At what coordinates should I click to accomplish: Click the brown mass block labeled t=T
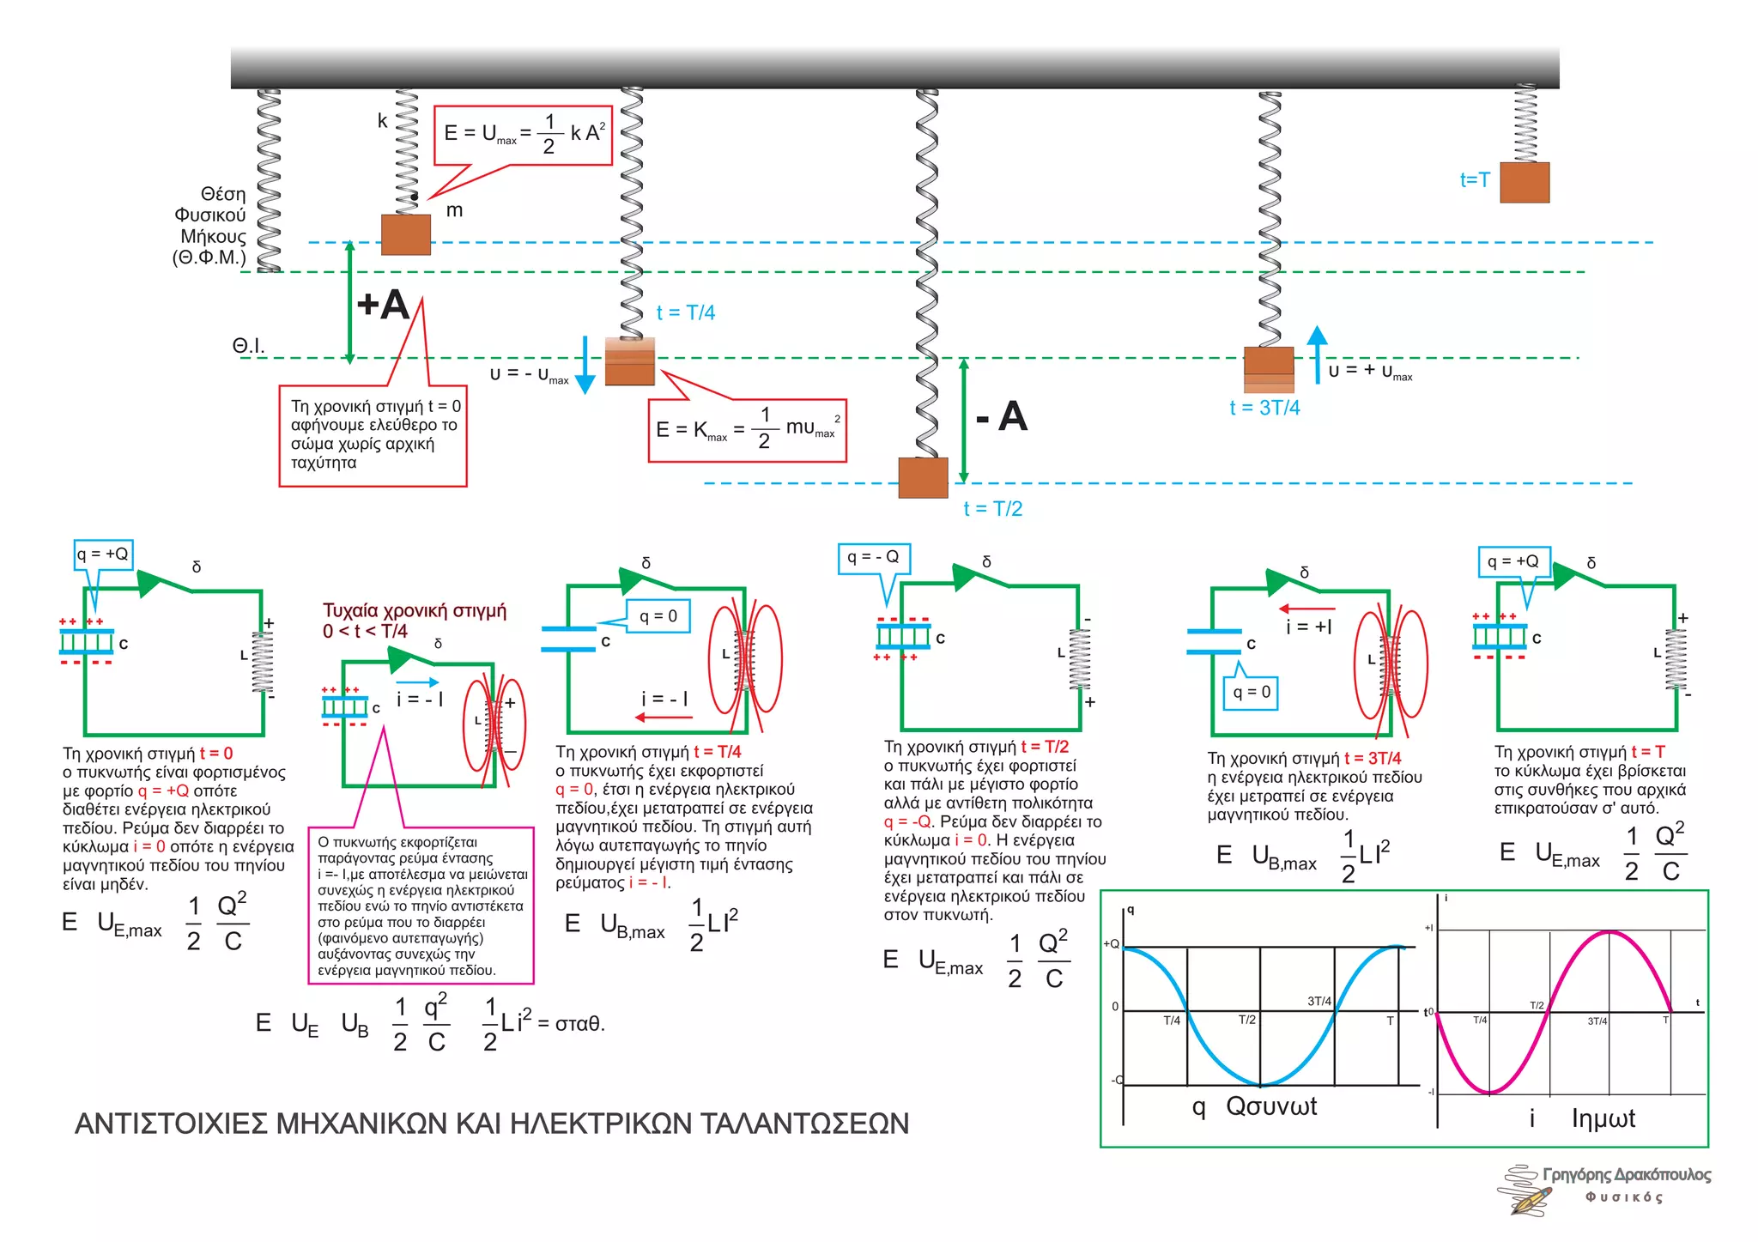click(x=1525, y=182)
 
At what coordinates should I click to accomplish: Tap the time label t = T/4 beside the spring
click(x=685, y=312)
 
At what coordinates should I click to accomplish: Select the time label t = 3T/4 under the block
click(x=1264, y=408)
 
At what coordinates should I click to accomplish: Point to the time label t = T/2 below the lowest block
click(x=992, y=509)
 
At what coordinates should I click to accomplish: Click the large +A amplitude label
click(x=383, y=305)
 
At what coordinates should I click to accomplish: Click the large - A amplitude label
click(x=1002, y=417)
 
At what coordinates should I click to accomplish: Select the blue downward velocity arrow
click(x=585, y=365)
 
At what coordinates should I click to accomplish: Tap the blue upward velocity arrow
click(x=1317, y=354)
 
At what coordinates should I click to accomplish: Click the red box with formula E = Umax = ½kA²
click(x=523, y=135)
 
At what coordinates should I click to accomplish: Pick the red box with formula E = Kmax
click(x=747, y=429)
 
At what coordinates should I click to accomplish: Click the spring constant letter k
click(x=382, y=121)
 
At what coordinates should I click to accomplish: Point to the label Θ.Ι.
click(x=248, y=346)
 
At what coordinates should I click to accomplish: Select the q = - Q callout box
click(x=873, y=558)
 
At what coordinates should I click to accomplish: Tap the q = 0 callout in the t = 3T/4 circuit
click(x=1251, y=693)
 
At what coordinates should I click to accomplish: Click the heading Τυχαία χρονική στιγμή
click(x=415, y=611)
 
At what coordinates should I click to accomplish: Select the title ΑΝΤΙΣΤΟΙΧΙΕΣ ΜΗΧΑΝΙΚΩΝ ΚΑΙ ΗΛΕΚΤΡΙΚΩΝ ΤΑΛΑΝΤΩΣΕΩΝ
click(x=491, y=1124)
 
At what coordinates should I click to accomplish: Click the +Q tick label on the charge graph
click(x=1111, y=944)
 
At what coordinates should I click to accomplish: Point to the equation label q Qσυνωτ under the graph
click(x=1254, y=1106)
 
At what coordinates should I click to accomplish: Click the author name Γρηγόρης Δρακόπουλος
click(x=1626, y=1174)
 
